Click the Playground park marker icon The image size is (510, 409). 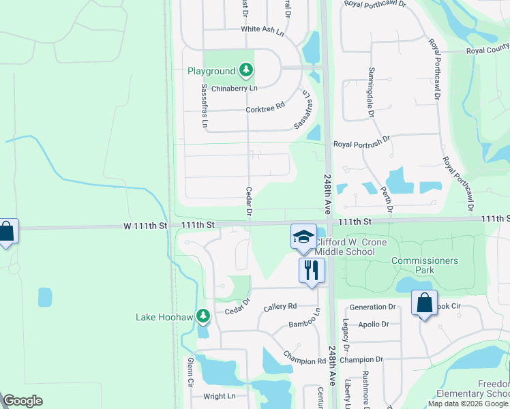click(x=247, y=70)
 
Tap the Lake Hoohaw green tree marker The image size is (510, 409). click(x=202, y=316)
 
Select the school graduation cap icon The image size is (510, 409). click(x=303, y=236)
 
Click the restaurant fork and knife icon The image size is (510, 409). click(x=312, y=270)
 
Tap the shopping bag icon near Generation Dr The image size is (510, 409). click(x=424, y=303)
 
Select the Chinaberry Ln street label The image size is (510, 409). click(x=234, y=89)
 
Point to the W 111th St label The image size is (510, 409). click(x=145, y=225)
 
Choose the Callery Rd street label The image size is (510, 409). click(x=280, y=307)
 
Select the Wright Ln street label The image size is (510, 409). click(x=220, y=395)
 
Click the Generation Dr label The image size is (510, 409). click(x=372, y=307)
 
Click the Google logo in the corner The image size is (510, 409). click(x=23, y=402)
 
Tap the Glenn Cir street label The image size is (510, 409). click(x=190, y=373)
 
